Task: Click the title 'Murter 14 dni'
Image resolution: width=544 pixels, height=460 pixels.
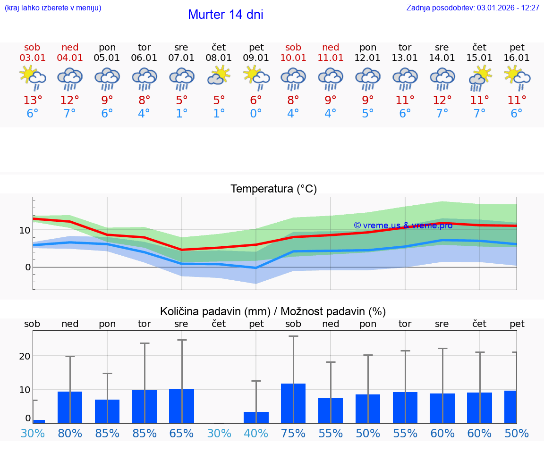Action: (x=225, y=15)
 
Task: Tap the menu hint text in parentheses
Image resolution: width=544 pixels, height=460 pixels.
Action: (x=53, y=8)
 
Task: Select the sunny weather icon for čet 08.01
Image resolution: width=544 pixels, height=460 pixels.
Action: (x=219, y=75)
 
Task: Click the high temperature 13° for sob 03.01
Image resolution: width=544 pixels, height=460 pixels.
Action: (x=33, y=100)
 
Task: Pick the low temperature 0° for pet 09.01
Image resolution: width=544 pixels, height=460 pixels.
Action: (x=256, y=114)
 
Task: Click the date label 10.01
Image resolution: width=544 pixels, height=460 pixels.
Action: (x=293, y=58)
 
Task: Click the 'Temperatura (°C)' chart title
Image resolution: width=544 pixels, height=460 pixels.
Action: (x=273, y=189)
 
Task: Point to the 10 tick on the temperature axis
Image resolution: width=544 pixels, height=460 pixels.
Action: (x=25, y=230)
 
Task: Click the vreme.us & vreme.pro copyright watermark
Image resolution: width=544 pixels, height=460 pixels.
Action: (x=403, y=226)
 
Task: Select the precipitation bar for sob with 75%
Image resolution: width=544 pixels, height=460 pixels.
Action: (x=293, y=403)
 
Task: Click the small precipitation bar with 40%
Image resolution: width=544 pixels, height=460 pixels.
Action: (x=256, y=418)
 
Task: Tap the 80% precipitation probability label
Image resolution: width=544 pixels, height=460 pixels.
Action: (x=70, y=434)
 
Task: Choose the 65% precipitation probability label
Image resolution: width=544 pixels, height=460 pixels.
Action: (x=181, y=434)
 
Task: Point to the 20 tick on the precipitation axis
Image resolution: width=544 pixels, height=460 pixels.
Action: (x=25, y=356)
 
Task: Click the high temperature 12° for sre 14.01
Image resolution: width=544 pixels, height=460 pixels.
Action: (x=442, y=100)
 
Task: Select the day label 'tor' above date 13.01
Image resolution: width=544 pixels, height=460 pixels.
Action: (x=405, y=48)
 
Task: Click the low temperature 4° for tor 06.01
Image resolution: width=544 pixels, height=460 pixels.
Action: (x=144, y=114)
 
